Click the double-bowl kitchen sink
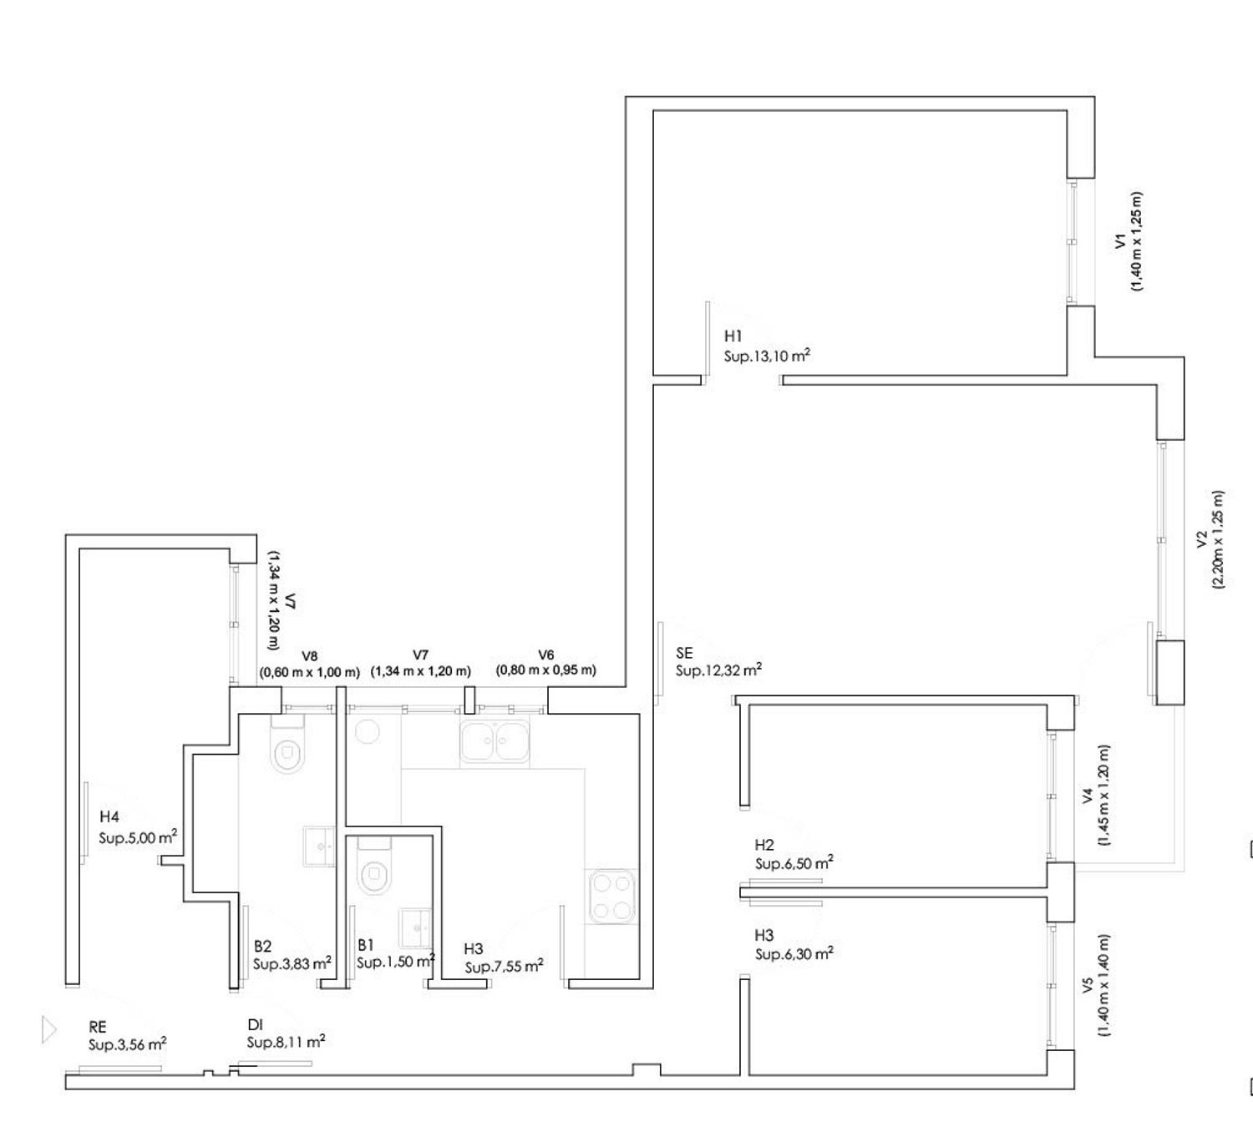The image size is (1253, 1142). coord(494,741)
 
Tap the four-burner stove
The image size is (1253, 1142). coord(612,897)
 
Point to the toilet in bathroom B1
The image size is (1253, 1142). coord(374,867)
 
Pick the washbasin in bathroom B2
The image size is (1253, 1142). coord(319,846)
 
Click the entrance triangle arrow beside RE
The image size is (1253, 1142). coord(48,1029)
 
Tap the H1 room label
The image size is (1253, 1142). coord(733,336)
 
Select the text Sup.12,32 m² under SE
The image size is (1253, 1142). coord(718,670)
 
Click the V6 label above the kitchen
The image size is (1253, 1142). coord(546,654)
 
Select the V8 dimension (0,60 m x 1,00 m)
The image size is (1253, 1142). coord(310,673)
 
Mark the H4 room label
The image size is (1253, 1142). coord(109,816)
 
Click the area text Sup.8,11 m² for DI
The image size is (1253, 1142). coord(286,1042)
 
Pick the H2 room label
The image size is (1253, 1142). coord(764,845)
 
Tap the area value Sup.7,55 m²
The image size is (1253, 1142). coord(504,968)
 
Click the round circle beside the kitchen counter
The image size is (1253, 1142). coord(368,731)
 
